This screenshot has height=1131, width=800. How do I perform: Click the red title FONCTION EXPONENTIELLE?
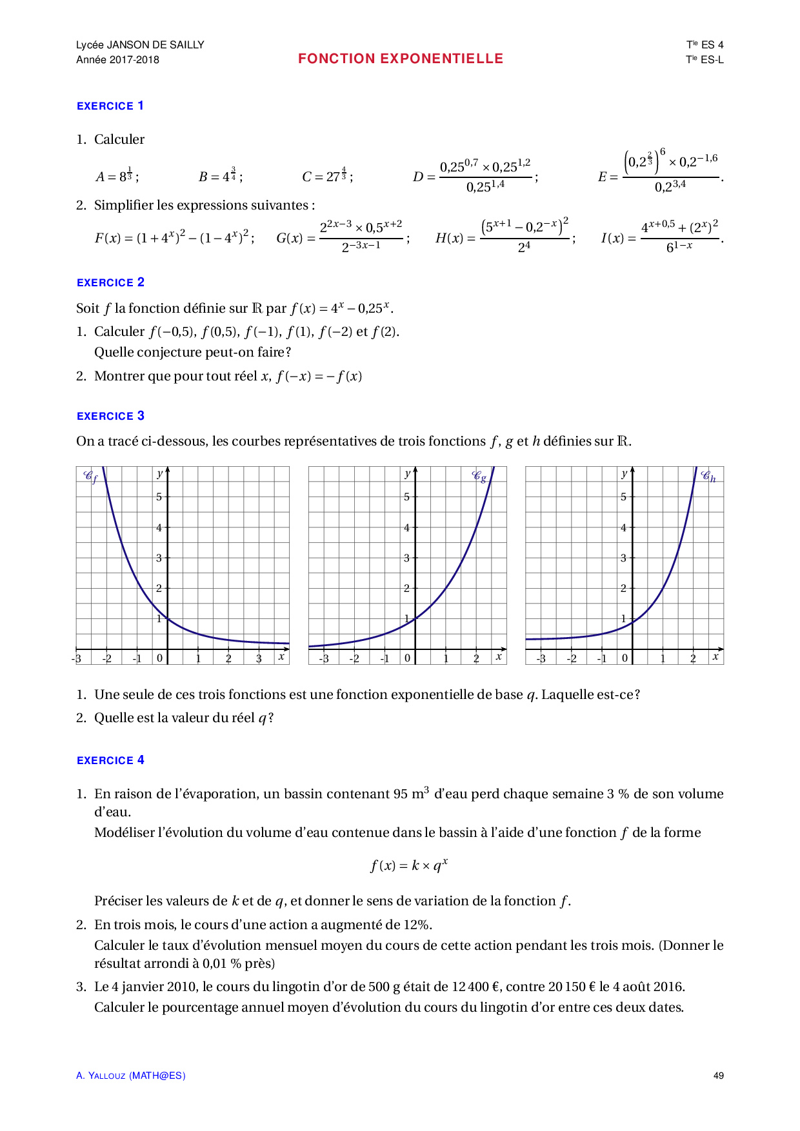pyautogui.click(x=400, y=59)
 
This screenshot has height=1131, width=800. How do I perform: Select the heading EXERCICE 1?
pyautogui.click(x=110, y=106)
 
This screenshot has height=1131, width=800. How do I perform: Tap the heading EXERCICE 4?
pyautogui.click(x=110, y=760)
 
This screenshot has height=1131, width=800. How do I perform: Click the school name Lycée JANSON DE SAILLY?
pyautogui.click(x=140, y=44)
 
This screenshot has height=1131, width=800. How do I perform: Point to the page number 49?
pyautogui.click(x=718, y=1076)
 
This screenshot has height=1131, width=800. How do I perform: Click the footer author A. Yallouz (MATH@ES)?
pyautogui.click(x=131, y=1076)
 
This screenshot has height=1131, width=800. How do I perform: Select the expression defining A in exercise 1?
pyautogui.click(x=117, y=175)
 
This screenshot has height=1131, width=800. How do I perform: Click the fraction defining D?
pyautogui.click(x=485, y=176)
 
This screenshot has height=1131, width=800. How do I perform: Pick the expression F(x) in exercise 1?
pyautogui.click(x=174, y=237)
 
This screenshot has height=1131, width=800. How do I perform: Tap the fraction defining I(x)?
pyautogui.click(x=679, y=237)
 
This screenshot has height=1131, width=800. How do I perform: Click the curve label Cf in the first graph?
pyautogui.click(x=90, y=477)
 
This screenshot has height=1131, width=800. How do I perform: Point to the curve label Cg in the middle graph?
pyautogui.click(x=479, y=477)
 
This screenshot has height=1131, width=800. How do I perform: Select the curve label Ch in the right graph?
pyautogui.click(x=708, y=477)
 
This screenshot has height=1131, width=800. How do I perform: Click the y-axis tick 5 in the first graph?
pyautogui.click(x=159, y=497)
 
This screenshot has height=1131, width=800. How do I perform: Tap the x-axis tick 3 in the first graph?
pyautogui.click(x=259, y=658)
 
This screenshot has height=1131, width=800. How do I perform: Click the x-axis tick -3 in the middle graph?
pyautogui.click(x=324, y=658)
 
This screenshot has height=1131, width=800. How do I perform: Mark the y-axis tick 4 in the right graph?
pyautogui.click(x=623, y=527)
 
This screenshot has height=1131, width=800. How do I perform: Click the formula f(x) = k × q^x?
pyautogui.click(x=409, y=865)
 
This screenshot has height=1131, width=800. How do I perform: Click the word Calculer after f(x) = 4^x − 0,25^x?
pyautogui.click(x=119, y=331)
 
